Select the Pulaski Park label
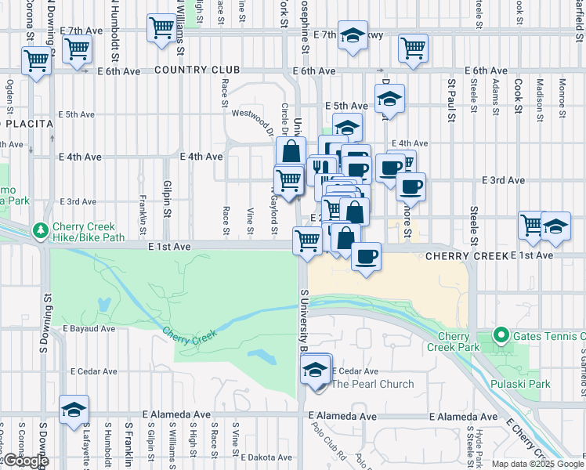(519, 384)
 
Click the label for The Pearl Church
(372, 384)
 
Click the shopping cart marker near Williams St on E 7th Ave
(161, 28)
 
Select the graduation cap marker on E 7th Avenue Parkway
(353, 36)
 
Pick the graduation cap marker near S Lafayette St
(74, 410)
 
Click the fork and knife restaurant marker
(321, 168)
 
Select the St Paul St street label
(452, 94)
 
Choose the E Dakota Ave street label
(267, 457)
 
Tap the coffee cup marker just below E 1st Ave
(365, 257)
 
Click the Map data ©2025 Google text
(537, 464)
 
